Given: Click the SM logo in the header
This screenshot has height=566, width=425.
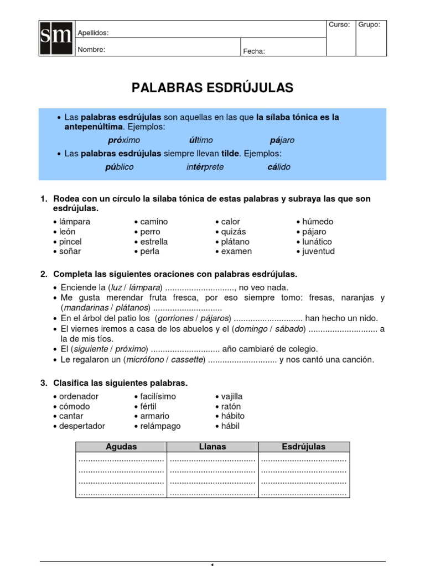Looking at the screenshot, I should [x=56, y=38].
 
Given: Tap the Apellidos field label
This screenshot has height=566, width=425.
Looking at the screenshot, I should [x=93, y=33].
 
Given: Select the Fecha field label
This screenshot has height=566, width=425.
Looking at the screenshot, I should [x=254, y=51].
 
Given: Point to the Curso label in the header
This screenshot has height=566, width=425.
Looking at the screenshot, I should [x=339, y=25].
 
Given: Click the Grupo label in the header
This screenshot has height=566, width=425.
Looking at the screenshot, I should [x=369, y=25].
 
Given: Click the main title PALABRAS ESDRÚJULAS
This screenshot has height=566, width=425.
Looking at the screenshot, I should [x=212, y=87].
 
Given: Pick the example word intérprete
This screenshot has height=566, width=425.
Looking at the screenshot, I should [x=205, y=167].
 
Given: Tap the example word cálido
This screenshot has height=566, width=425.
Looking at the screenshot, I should [x=279, y=167].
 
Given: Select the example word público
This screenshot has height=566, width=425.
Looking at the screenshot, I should [x=119, y=167].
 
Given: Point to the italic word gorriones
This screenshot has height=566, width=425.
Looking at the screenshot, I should [x=175, y=318].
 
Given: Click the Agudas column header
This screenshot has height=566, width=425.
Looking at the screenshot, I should [x=121, y=447].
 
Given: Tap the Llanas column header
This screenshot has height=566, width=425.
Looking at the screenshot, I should [x=212, y=447].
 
